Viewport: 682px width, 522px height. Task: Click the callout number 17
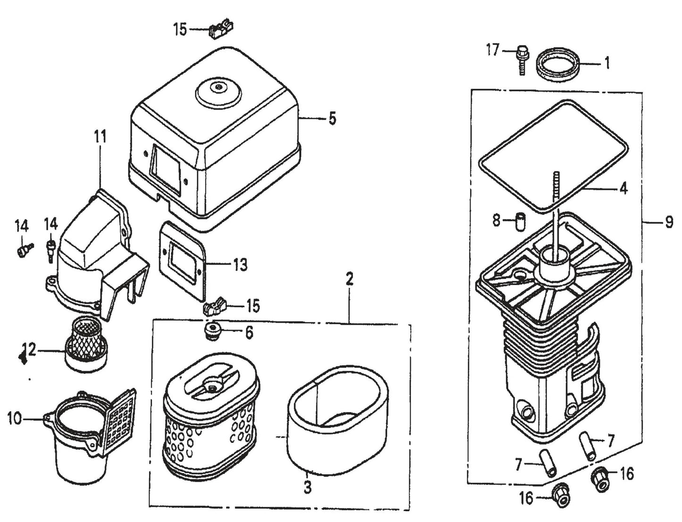(492, 50)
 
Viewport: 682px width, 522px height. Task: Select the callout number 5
(332, 119)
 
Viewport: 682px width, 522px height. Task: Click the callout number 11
(100, 137)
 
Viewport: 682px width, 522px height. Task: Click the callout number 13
(240, 265)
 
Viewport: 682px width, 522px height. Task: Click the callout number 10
(14, 419)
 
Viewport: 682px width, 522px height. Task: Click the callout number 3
(307, 487)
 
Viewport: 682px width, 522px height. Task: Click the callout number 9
(669, 222)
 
